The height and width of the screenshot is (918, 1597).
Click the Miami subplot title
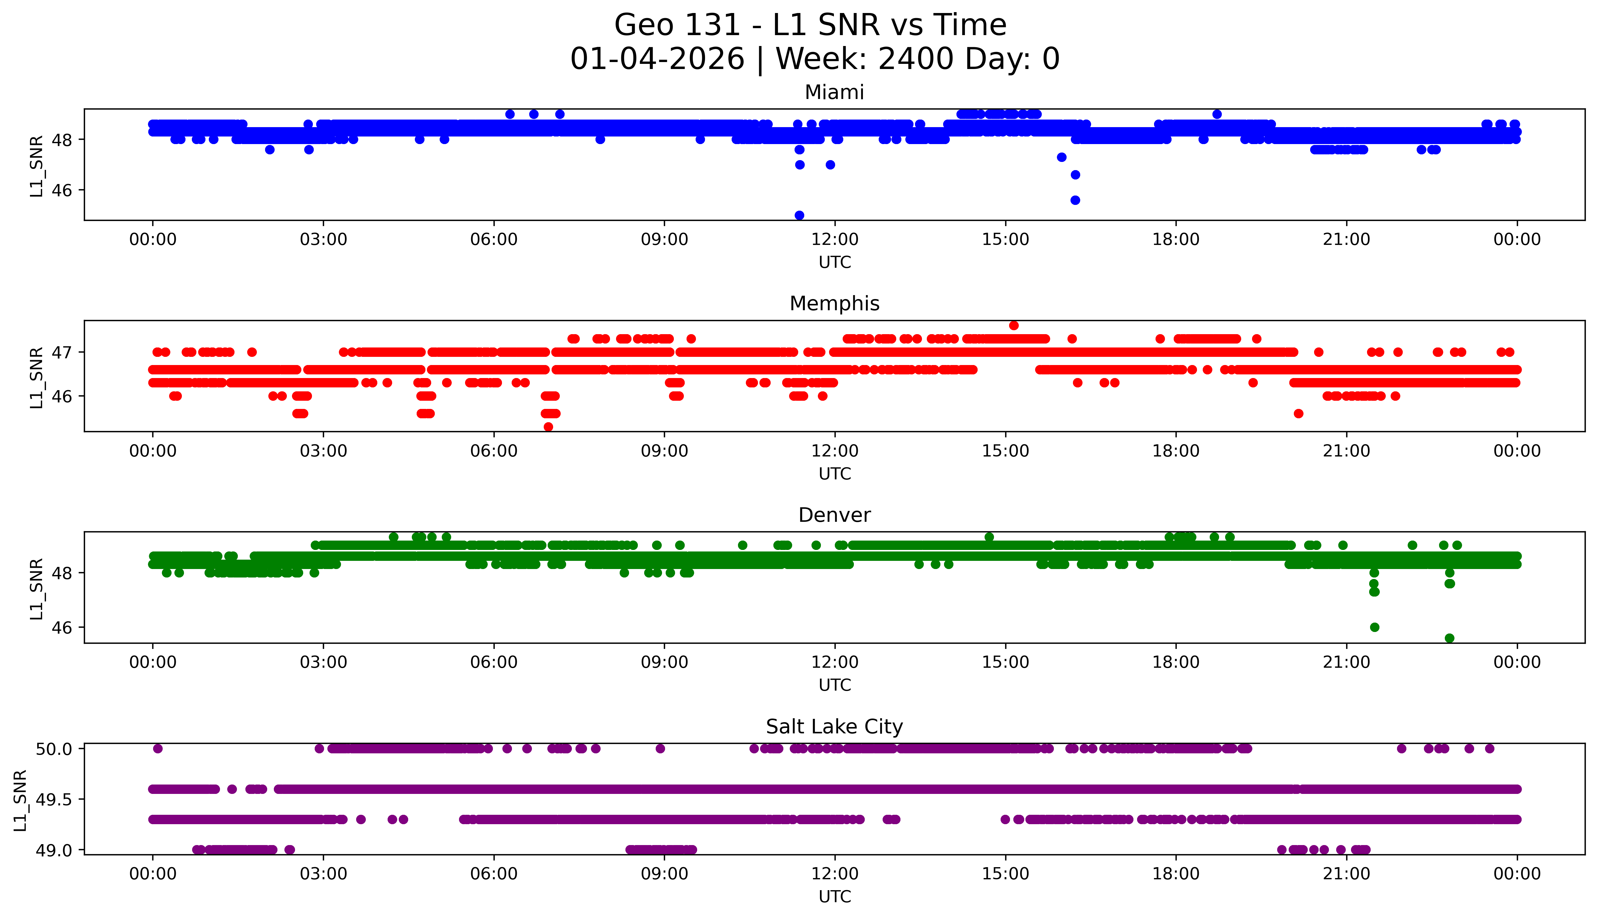[x=834, y=93]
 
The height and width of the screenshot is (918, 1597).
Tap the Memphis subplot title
[x=834, y=304]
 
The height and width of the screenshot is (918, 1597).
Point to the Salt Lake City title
[x=834, y=727]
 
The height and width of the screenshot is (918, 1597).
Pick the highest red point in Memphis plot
[x=1013, y=325]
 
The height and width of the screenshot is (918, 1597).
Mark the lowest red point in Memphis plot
[x=548, y=427]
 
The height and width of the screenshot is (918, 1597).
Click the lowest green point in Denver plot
[x=1450, y=638]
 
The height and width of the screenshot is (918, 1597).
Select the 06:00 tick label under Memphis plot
[x=494, y=451]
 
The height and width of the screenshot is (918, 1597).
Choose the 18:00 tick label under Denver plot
[x=1176, y=662]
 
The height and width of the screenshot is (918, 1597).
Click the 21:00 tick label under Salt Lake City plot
[x=1346, y=874]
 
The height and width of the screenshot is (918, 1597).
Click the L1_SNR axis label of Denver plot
[x=37, y=588]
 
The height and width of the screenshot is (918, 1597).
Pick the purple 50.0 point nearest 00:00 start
[x=158, y=749]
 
